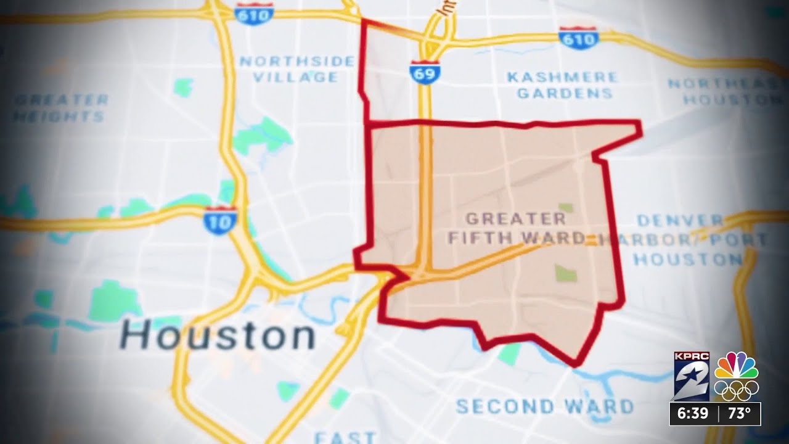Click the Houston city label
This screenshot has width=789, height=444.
tap(218, 336)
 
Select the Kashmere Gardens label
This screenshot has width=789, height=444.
tap(562, 85)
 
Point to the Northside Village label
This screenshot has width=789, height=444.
tap(297, 69)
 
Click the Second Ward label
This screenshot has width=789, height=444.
tap(545, 406)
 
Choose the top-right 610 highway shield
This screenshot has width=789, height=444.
tap(578, 38)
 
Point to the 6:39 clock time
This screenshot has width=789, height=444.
tap(693, 413)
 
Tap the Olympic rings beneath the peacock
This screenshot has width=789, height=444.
tap(736, 390)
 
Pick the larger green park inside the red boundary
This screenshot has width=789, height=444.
tap(565, 273)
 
